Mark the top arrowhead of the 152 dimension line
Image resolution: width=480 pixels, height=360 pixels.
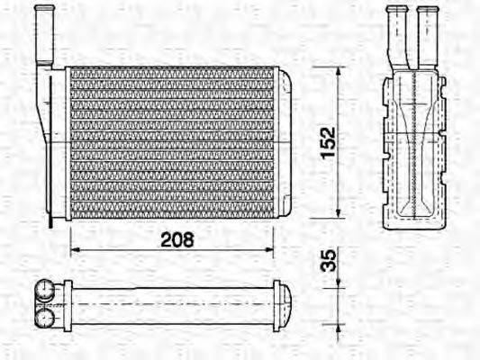[339, 71]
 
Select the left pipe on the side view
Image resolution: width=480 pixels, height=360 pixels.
[397, 36]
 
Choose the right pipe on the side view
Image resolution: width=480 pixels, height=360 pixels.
[427, 36]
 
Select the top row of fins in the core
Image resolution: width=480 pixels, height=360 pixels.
[171, 73]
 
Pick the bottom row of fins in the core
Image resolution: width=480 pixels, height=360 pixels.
[171, 211]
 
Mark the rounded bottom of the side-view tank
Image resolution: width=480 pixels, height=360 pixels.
[413, 221]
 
